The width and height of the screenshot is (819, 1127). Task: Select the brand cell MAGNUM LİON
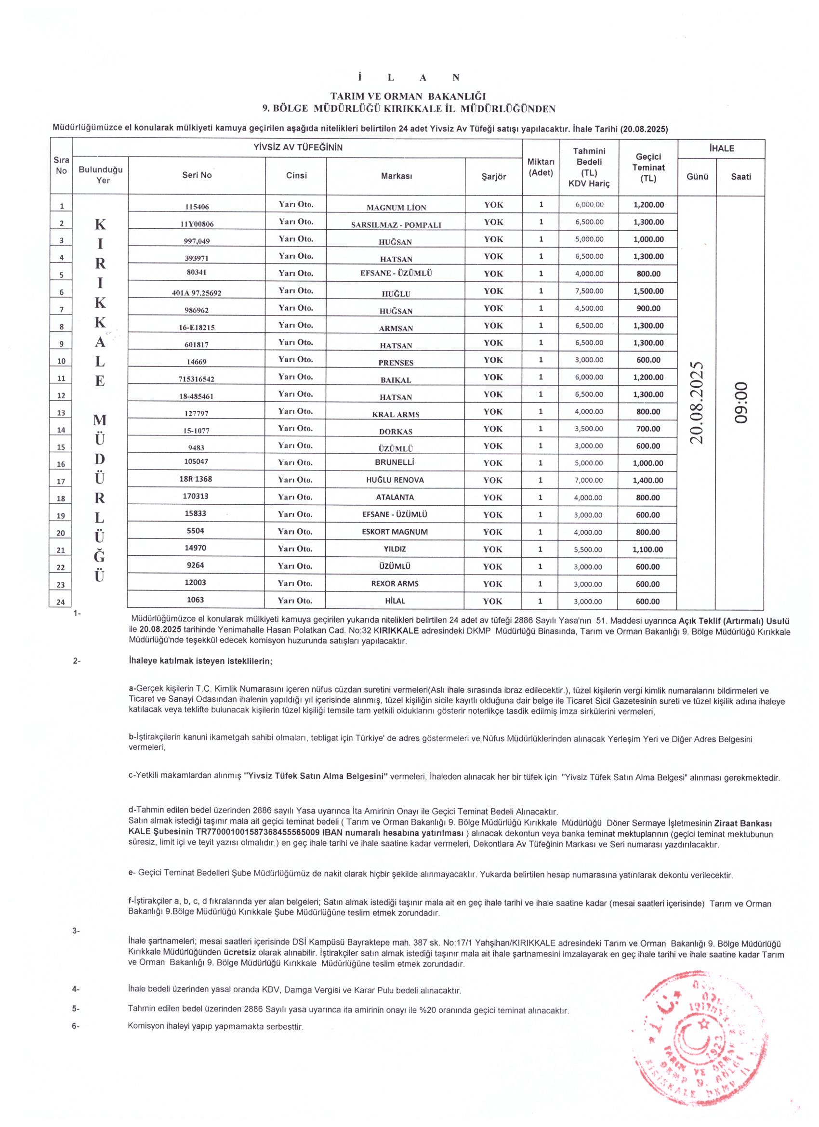pos(396,207)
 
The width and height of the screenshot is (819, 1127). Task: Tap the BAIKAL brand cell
pos(396,380)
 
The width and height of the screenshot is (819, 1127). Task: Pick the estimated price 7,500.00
pos(589,291)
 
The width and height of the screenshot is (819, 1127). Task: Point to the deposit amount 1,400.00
pos(648,481)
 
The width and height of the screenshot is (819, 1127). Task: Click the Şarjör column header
pos(493,176)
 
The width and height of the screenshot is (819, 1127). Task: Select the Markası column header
pos(396,176)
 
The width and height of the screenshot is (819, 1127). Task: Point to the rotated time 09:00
pos(741,403)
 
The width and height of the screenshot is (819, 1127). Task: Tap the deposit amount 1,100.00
pos(648,550)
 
